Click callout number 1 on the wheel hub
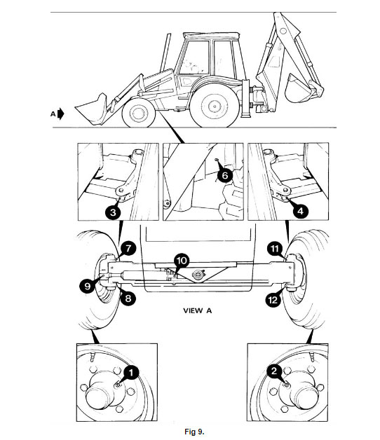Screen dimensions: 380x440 (131, 372)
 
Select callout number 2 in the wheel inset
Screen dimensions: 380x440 (274, 371)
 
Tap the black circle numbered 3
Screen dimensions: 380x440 (113, 212)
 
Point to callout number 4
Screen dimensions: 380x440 (301, 211)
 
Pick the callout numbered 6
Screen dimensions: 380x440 (225, 175)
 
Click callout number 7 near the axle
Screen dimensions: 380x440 (128, 248)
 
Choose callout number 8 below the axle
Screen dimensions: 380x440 (128, 298)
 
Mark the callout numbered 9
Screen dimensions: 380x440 (88, 287)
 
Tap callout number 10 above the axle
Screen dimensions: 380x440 (182, 261)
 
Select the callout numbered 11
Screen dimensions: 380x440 (275, 249)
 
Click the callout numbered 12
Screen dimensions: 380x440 (273, 301)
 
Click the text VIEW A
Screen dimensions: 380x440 (198, 310)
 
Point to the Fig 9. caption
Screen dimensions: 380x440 (194, 432)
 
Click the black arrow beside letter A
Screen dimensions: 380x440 (61, 114)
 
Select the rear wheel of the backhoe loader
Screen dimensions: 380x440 (215, 106)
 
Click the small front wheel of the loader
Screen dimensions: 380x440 (138, 113)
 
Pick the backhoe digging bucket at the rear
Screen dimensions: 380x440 (298, 89)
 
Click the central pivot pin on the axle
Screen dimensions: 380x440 (198, 274)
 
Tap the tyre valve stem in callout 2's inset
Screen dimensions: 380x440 (312, 356)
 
